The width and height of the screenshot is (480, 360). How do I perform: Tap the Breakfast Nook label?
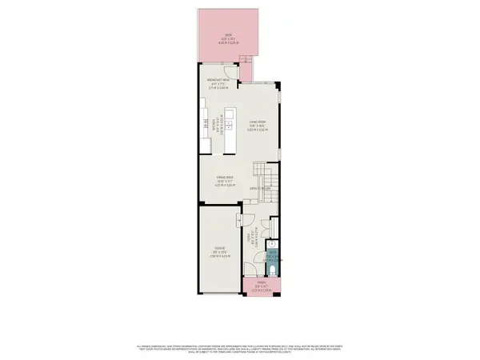tap(219, 82)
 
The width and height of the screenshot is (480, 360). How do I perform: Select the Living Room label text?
tap(256, 126)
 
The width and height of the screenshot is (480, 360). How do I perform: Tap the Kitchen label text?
tap(214, 126)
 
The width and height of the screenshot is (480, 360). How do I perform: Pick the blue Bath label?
tap(273, 255)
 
